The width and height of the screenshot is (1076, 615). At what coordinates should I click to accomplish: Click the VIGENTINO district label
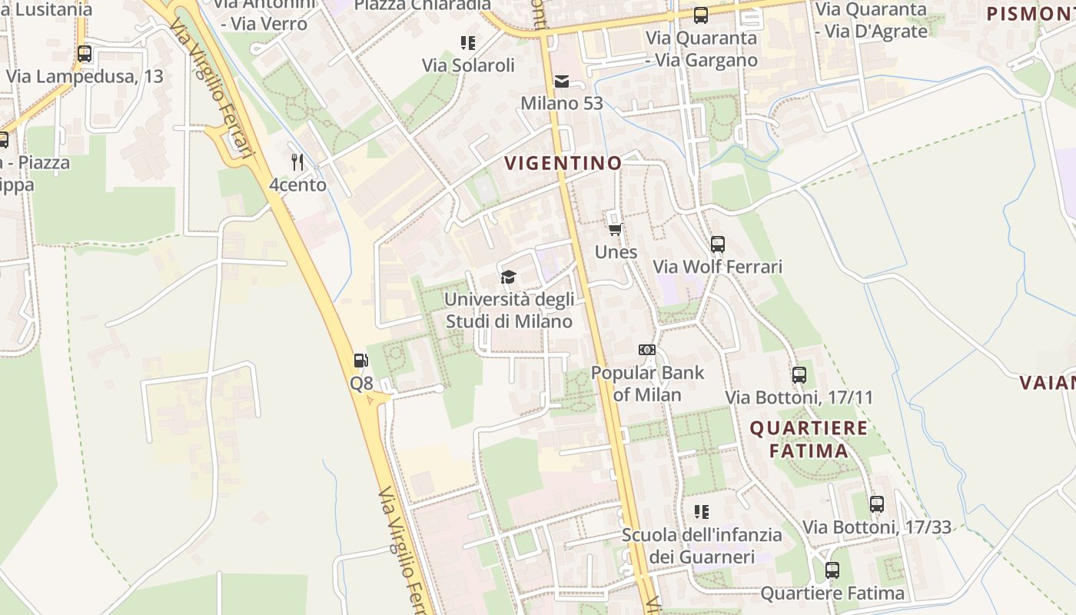point(563,163)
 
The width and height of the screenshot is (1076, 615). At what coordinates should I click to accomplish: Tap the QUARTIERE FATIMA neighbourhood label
point(809,439)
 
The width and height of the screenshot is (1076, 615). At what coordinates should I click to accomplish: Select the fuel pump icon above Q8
point(360,360)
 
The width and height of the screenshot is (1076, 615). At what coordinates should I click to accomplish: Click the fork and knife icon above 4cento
point(298,162)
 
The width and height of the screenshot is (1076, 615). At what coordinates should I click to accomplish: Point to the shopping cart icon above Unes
point(615,229)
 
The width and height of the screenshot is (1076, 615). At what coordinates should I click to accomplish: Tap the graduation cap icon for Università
point(508,277)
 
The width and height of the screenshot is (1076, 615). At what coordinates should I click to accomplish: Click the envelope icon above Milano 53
point(562,81)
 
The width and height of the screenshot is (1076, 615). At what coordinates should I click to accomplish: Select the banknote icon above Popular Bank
point(647,350)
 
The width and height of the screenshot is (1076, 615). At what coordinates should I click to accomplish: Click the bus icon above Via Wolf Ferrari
point(718,244)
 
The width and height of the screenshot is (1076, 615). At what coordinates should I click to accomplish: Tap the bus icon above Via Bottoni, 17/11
point(799,375)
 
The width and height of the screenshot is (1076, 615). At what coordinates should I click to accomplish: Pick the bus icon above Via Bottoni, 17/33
point(877,504)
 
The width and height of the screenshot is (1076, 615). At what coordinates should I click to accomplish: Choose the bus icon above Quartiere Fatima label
point(832,570)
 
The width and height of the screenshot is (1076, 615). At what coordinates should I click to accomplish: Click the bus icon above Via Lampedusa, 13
point(85,54)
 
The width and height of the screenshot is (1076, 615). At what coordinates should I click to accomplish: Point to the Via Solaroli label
point(468,65)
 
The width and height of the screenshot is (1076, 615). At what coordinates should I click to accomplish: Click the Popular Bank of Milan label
point(647,384)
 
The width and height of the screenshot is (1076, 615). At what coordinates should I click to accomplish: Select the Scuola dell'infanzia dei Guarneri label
point(702,545)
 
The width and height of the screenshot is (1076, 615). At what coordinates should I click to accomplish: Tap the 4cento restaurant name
point(297,184)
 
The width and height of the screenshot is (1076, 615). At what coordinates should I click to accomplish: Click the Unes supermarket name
point(616,252)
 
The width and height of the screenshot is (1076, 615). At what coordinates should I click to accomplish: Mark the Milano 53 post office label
point(562,103)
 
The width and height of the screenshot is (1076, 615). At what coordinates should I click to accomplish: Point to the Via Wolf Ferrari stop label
point(718,267)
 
